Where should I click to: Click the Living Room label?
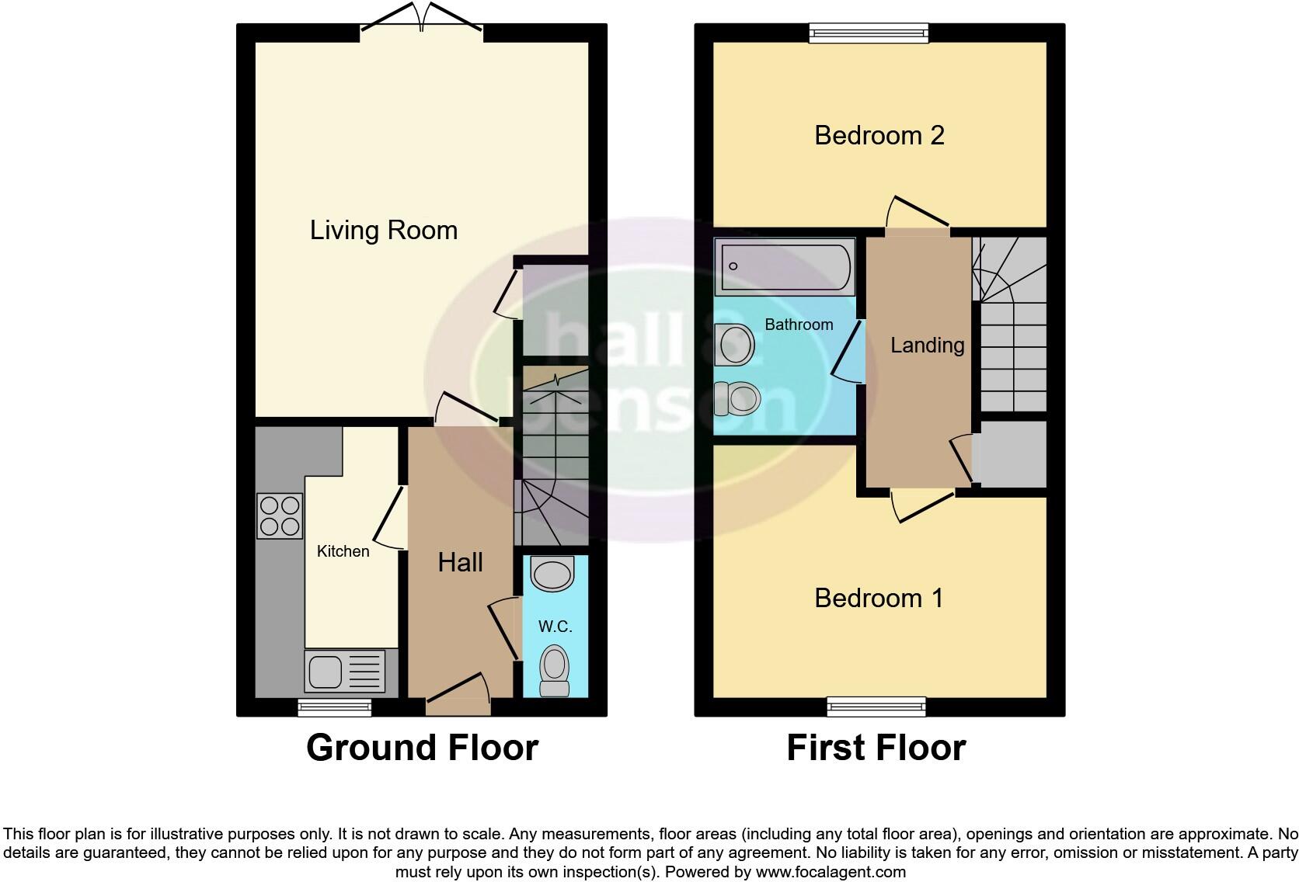(x=383, y=230)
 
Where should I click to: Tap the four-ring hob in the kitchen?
(x=280, y=516)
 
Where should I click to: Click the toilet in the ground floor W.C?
(x=554, y=670)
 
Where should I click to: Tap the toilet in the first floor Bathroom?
(x=736, y=398)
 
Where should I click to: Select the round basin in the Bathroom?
(x=735, y=344)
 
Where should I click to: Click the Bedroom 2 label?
(x=879, y=135)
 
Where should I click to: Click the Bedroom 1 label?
(x=879, y=598)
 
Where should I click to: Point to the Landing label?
(x=927, y=345)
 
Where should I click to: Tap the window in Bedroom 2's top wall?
(x=868, y=32)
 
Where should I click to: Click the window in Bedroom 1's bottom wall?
(x=876, y=707)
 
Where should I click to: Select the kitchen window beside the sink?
(x=335, y=707)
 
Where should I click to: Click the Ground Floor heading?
(x=422, y=748)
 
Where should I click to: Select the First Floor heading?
(x=876, y=748)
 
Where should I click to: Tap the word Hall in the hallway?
(x=460, y=562)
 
